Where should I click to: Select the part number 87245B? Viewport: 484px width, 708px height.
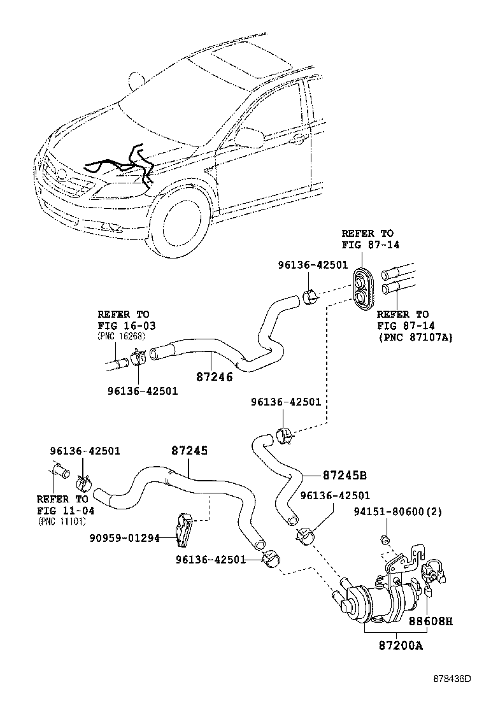tap(345, 475)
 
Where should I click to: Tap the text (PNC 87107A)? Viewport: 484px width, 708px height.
tap(415, 337)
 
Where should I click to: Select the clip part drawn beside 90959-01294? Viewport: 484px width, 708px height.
tap(185, 529)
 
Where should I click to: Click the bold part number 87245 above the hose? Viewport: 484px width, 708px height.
tap(189, 450)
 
